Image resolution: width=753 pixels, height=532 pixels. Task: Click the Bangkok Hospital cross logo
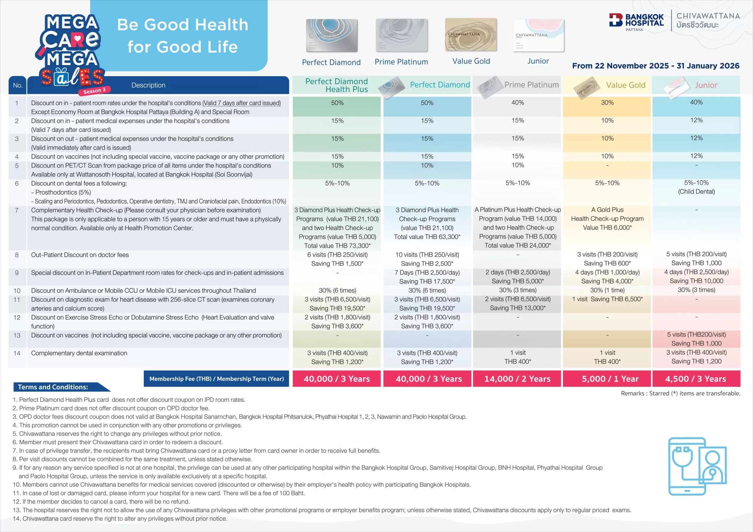616,20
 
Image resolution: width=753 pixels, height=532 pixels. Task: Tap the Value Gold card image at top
471,35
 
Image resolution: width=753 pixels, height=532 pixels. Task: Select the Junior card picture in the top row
538,35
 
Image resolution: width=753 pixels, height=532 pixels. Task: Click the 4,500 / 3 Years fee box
696,379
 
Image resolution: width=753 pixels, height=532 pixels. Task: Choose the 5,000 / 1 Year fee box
607,379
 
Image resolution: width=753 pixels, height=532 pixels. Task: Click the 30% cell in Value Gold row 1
607,103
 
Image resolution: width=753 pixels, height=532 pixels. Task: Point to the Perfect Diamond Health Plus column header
336,85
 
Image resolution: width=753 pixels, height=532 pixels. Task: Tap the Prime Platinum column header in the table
531,85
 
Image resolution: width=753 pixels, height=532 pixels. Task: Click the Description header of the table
148,85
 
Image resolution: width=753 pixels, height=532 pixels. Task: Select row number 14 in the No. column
17,353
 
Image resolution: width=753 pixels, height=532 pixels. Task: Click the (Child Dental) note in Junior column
696,191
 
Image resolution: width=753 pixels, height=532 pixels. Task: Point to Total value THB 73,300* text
337,245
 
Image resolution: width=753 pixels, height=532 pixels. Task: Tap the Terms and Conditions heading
53,387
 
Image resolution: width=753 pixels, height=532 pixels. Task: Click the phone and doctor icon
697,466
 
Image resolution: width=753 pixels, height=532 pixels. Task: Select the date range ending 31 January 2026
656,66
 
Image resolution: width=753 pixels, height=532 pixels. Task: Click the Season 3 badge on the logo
94,91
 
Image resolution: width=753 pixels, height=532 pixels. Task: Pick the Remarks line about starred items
681,393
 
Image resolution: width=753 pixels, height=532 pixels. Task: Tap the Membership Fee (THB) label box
216,379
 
